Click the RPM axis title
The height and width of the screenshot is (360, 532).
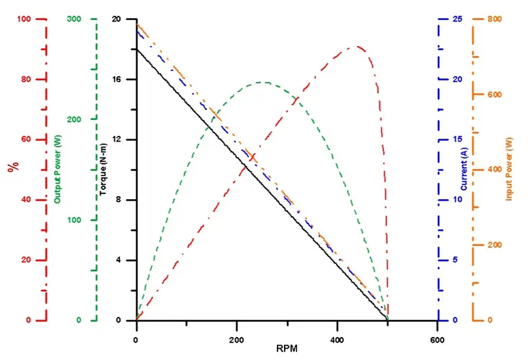(x=286, y=349)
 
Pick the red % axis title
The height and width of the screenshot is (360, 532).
(x=12, y=167)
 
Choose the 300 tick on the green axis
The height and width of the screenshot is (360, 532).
(x=74, y=19)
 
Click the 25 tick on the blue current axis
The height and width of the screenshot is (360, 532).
(x=450, y=19)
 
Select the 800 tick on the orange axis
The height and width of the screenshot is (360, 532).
(x=493, y=19)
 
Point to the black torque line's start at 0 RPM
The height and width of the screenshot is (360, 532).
(x=136, y=49)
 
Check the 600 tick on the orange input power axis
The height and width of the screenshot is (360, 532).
(x=493, y=95)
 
